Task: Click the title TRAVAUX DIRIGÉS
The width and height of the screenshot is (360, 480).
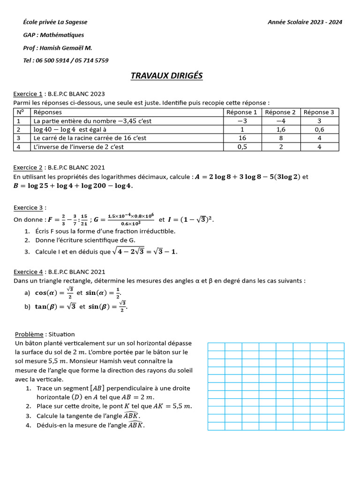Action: pos(166,76)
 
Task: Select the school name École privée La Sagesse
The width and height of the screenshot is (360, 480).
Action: pos(55,22)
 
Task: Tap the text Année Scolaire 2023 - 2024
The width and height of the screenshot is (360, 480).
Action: pos(305,22)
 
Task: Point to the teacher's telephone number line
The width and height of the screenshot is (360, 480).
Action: pos(66,60)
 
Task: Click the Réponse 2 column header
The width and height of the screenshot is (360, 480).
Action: pos(280,112)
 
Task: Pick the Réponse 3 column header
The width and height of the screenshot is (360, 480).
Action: pos(319,112)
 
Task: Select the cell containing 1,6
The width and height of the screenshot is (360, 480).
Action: pos(280,129)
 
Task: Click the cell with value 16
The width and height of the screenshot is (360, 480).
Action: pos(242,138)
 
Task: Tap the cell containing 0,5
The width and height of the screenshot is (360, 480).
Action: pos(242,147)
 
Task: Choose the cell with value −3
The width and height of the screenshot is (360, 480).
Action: pos(242,121)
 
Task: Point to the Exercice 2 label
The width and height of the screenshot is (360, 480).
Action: pos(28,167)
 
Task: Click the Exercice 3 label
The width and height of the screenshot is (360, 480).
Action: pos(28,208)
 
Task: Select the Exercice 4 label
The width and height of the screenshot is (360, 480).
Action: pos(28,272)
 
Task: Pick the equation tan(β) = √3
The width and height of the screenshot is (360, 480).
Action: pos(55,307)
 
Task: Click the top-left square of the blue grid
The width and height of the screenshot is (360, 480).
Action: pos(216,346)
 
